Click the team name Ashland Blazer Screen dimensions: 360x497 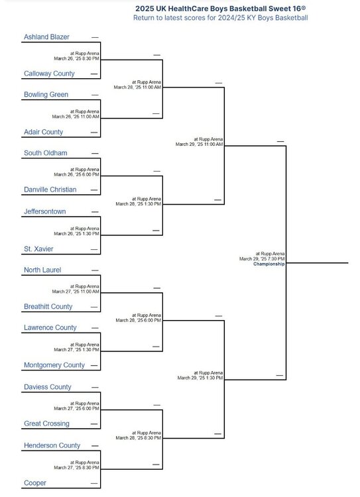46,36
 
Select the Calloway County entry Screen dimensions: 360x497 49,74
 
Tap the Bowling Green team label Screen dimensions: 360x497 46,95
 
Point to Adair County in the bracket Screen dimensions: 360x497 44,132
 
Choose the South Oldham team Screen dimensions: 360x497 46,153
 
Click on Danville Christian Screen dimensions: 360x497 50,190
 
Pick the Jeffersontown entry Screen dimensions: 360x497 44,211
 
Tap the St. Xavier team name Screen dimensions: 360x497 38,248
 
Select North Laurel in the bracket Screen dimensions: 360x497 42,270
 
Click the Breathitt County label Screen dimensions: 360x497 48,307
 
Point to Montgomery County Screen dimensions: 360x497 54,365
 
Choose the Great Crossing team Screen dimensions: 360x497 46,423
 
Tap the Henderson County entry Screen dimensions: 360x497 52,445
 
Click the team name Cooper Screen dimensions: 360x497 35,483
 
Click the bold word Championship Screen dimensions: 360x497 269,264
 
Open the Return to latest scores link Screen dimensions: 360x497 220,18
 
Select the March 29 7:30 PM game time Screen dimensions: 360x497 262,258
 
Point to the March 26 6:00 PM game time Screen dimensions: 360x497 76,174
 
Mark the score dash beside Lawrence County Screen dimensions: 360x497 95,328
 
